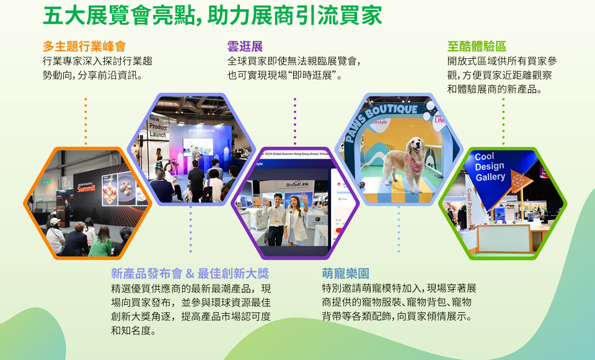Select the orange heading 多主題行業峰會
point(84,46)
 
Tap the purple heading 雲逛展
point(245,46)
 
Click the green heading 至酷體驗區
point(477,46)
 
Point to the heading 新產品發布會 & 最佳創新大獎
point(190,273)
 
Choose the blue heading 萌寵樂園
point(345,273)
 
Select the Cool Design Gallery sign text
point(490,167)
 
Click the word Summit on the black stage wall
point(86,188)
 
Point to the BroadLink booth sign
point(297,185)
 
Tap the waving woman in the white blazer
point(297,219)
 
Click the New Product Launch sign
point(158,126)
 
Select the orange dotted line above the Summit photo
point(86,121)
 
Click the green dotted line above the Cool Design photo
point(503,121)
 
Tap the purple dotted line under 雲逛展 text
point(295,121)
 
